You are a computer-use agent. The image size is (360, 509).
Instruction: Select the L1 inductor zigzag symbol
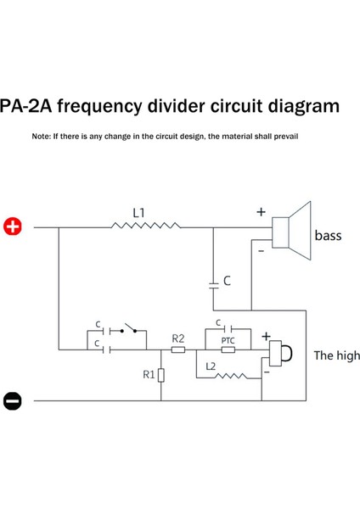(146, 227)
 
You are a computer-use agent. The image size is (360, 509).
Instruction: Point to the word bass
(328, 235)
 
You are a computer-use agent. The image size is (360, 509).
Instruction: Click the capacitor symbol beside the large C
(213, 282)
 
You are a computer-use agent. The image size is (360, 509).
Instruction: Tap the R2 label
(178, 338)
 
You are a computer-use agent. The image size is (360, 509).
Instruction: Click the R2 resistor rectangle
(178, 350)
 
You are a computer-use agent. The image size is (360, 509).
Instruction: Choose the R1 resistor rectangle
(160, 374)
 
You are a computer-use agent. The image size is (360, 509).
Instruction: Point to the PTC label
(227, 340)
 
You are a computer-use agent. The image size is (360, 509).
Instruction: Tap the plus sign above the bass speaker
(261, 212)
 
